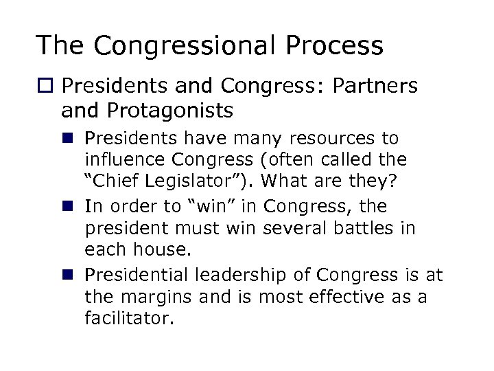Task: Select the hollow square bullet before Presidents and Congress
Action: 45,87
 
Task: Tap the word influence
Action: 124,161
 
